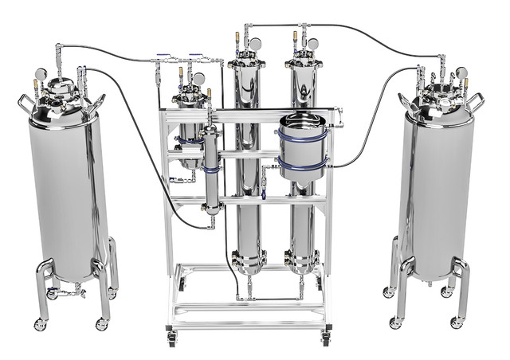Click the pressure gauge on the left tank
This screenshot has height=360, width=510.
click(40, 75)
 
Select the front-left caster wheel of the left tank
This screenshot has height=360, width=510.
click(40, 324)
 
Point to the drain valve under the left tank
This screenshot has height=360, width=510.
click(68, 293)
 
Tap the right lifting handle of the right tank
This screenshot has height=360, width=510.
click(476, 101)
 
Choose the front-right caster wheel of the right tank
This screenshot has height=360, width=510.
click(456, 323)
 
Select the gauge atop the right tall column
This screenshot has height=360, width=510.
click(312, 44)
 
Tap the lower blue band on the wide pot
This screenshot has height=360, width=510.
click(301, 165)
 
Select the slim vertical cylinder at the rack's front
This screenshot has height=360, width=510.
click(211, 167)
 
